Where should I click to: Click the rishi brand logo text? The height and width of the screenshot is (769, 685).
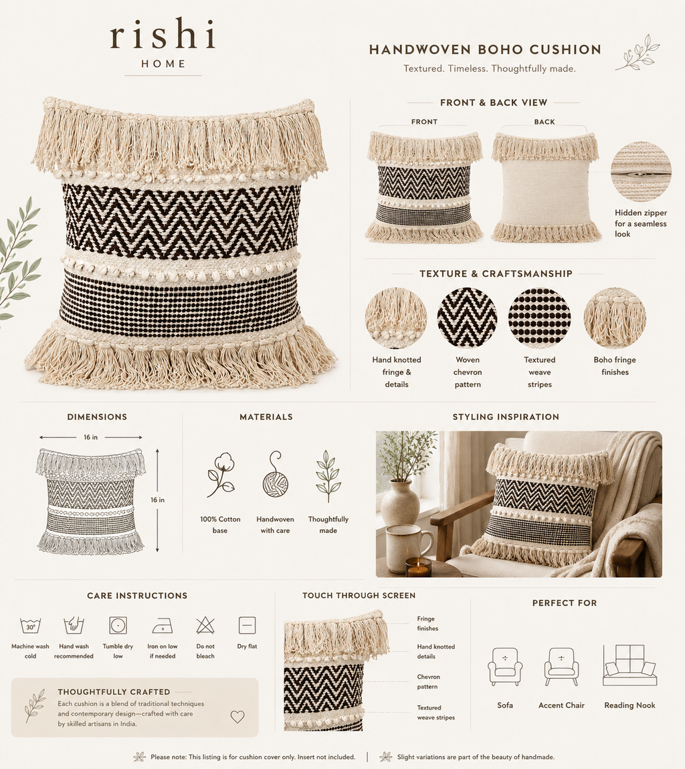pos(163,33)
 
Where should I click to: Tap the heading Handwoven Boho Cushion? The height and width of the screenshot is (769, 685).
pos(485,49)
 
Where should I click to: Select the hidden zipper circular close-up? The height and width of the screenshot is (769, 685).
pos(641,172)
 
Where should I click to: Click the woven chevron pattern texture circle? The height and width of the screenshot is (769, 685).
pos(467,318)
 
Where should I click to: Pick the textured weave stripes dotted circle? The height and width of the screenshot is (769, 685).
pos(539,318)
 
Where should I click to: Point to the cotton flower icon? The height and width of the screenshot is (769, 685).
pos(220,475)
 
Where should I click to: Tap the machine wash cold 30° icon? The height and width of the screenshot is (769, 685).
pos(30,626)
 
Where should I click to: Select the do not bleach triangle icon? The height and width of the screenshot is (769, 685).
pos(205,625)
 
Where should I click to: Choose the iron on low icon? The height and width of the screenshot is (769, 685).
pos(162,626)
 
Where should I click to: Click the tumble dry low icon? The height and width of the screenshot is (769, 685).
pos(118,625)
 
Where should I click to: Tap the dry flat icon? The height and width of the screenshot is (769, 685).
pos(247,625)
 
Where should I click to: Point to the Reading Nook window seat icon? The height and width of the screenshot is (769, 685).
pos(629,665)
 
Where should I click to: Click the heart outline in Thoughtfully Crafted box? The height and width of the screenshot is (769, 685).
pos(237,717)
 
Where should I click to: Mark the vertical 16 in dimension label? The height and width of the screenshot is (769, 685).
pos(157,500)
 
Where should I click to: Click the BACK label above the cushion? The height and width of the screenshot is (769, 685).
pos(545,122)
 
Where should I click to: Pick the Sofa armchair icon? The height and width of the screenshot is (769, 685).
pos(505,666)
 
